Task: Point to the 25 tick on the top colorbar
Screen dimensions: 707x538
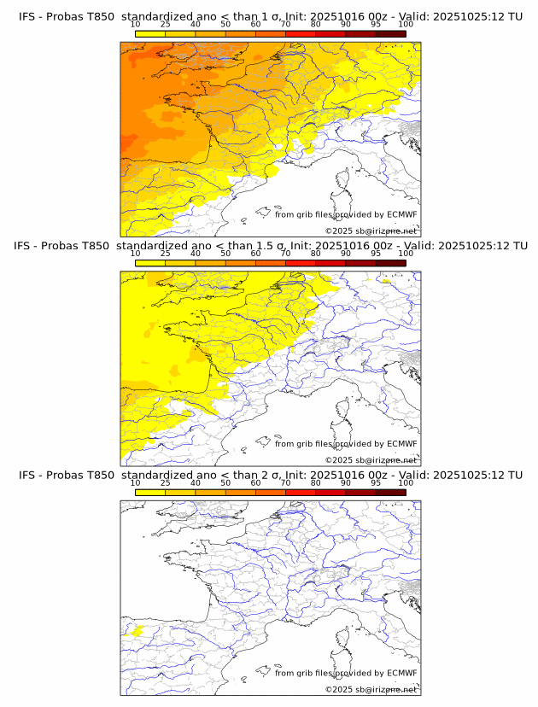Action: point(165,25)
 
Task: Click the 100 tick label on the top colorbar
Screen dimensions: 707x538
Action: point(406,25)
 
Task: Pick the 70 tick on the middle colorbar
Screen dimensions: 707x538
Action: point(285,254)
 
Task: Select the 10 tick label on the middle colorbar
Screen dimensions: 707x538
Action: point(136,254)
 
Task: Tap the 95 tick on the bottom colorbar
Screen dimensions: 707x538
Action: point(376,482)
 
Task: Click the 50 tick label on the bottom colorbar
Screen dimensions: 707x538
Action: point(225,482)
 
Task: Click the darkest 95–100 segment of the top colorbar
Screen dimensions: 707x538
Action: point(390,33)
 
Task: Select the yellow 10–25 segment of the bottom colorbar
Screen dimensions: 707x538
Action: point(150,492)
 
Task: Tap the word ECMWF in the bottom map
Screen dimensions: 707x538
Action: point(402,673)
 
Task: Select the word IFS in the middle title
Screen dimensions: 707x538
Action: point(26,246)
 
